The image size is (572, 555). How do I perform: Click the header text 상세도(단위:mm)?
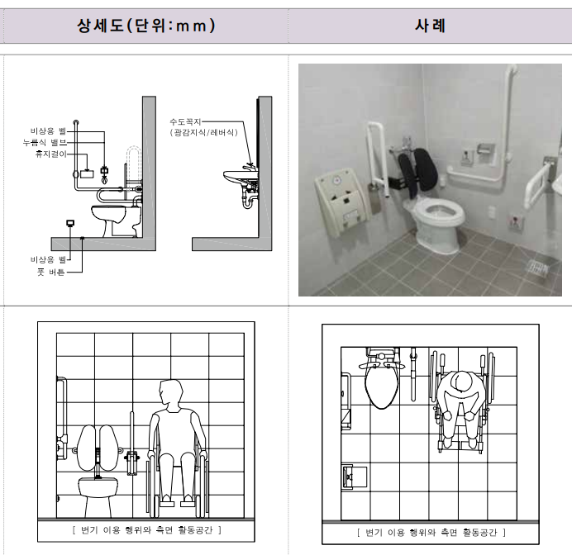pyautogui.click(x=146, y=26)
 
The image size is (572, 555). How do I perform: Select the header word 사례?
pyautogui.click(x=430, y=26)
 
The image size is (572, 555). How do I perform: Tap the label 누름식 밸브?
pyautogui.click(x=45, y=143)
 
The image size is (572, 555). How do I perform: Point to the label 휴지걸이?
pyautogui.click(x=51, y=154)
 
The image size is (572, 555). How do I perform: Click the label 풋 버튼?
pyautogui.click(x=51, y=272)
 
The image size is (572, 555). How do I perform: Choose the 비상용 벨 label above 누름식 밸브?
pyautogui.click(x=48, y=131)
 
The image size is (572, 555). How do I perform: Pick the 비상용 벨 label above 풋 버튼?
pyautogui.click(x=48, y=259)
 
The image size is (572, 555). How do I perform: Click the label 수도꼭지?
pyautogui.click(x=185, y=121)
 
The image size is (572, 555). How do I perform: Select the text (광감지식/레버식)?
pyautogui.click(x=203, y=132)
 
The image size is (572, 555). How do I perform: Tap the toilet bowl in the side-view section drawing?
pyautogui.click(x=108, y=215)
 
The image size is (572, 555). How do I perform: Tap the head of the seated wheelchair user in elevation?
pyautogui.click(x=171, y=391)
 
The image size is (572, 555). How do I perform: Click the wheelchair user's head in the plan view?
pyautogui.click(x=461, y=382)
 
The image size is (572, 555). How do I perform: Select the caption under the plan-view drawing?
pyautogui.click(x=431, y=533)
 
